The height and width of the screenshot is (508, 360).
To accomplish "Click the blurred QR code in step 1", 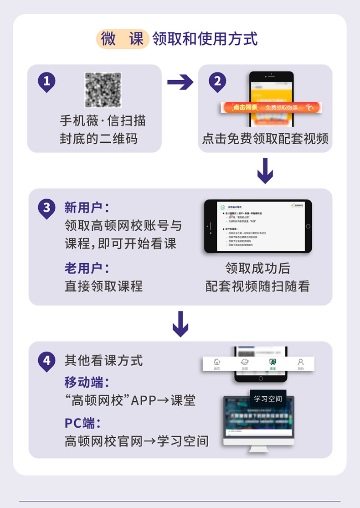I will (x=103, y=90).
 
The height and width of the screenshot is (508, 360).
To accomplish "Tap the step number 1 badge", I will (x=46, y=82).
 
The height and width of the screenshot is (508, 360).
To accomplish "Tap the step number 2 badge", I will (x=217, y=82).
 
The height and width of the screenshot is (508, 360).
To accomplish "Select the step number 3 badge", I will (x=46, y=208).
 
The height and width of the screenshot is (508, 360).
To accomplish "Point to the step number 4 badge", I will (x=46, y=360).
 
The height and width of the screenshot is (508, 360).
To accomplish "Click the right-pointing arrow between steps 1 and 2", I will (x=180, y=83).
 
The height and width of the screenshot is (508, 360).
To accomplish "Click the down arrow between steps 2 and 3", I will (x=265, y=171).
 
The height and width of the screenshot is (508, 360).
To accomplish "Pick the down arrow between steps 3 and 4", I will (x=180, y=323).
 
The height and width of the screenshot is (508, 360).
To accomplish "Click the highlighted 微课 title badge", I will (x=122, y=39).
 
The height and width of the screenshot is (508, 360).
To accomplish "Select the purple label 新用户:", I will (x=87, y=208).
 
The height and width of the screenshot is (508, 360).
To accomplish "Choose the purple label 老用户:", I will (x=87, y=268).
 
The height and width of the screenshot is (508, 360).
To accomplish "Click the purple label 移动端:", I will (x=87, y=382).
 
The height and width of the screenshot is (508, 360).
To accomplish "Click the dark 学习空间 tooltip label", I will (x=268, y=399).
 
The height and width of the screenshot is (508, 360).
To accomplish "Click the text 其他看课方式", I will (x=103, y=361).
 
